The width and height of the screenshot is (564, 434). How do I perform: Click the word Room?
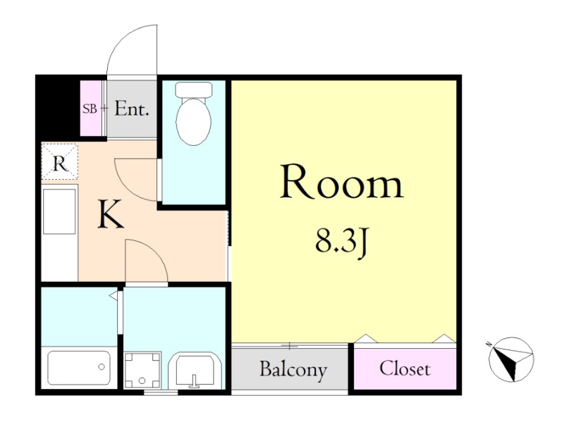coord(341,182)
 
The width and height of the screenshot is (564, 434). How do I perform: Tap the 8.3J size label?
coord(341,242)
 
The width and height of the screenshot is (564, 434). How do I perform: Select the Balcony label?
coord(293,369)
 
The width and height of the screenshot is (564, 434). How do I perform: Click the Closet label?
coord(405,368)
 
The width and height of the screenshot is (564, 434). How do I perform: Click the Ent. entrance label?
coord(132,108)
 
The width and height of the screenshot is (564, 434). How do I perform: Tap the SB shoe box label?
coord(90,108)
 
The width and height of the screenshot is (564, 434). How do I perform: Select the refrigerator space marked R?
coord(60,161)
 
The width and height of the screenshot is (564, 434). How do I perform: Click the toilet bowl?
coord(193,122)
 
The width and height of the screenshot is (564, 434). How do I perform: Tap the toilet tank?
coord(193,89)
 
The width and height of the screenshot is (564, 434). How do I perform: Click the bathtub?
coord(79,368)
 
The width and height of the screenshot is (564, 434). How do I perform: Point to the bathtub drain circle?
coord(102,367)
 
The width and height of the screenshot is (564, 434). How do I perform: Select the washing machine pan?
coord(142,371)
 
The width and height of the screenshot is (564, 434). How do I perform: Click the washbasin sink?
coord(195,371)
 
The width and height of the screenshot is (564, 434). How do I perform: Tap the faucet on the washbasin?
coord(195,381)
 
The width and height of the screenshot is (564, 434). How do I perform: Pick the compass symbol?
coord(511,359)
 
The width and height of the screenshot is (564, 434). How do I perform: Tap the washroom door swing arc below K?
coord(154,252)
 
